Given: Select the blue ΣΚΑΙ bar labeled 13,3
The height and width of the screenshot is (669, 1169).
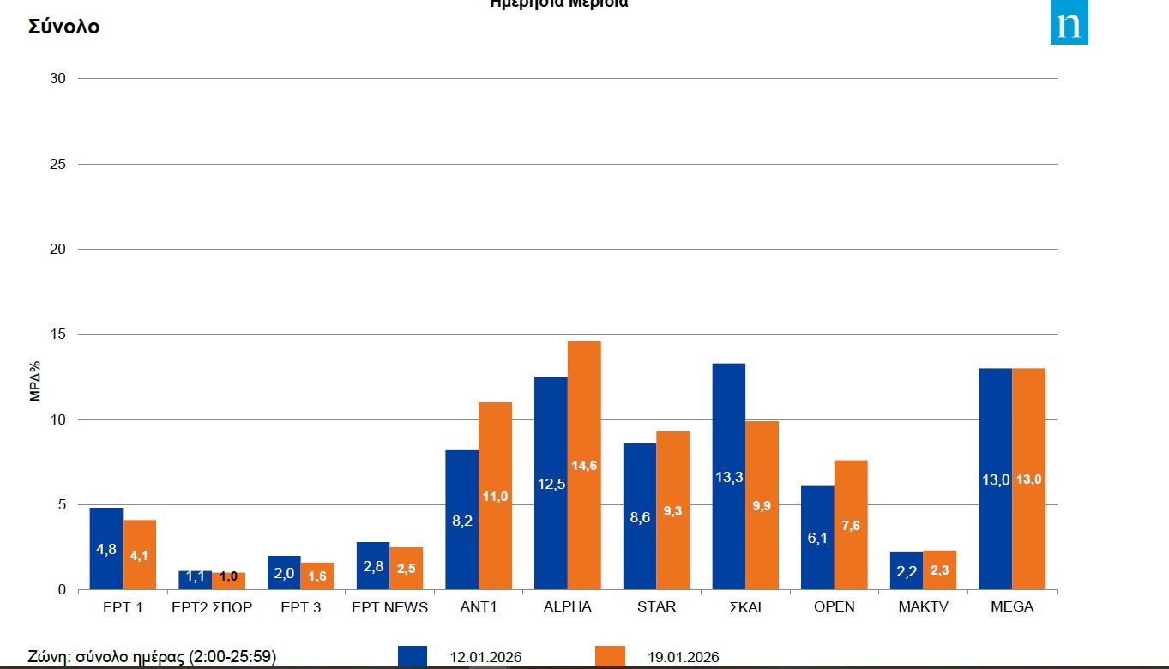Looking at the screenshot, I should tap(729, 476).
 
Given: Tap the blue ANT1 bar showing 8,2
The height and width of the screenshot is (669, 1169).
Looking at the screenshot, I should tap(461, 520).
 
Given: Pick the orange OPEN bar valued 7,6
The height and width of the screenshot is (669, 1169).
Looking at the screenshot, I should tap(851, 525).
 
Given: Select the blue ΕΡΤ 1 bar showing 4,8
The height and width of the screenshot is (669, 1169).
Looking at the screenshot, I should tap(106, 549).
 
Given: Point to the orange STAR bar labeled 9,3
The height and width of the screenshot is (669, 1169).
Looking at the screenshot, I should tap(673, 510).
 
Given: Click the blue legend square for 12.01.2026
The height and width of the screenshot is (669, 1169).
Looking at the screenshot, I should tap(413, 657).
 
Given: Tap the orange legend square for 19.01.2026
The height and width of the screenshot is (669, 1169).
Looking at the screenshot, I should tap(610, 657).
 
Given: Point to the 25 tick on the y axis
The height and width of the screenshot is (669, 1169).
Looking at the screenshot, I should tap(58, 164).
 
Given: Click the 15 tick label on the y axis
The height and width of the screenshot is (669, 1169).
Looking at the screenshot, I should tap(58, 334).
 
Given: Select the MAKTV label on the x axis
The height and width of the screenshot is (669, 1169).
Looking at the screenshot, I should tap(923, 607).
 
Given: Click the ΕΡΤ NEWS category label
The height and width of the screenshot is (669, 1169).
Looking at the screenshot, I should tap(389, 607).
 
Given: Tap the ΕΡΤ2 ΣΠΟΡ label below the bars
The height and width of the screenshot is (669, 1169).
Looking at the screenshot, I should tap(212, 607).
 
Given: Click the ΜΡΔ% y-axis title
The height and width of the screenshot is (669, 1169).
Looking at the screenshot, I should tap(35, 380).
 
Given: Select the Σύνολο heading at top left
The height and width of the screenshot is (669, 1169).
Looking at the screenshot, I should tap(64, 27).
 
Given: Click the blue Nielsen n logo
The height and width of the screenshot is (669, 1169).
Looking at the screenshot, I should tap(1069, 23).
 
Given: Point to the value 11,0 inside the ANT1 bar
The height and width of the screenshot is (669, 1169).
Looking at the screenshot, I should tap(496, 497).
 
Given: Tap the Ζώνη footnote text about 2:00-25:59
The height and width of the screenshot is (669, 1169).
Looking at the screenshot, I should tap(152, 658).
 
